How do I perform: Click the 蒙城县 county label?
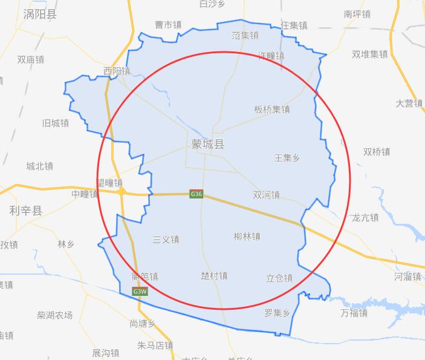pos(207,145)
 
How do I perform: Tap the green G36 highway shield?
pos(196,194)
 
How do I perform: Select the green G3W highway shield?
pos(140,292)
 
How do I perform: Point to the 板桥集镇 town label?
pos(272,110)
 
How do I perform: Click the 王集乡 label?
pos(287,158)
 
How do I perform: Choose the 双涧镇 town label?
pos(266,195)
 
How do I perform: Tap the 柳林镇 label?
pos(247,237)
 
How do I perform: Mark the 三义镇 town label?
pos(166,240)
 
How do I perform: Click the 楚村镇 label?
pos(214,276)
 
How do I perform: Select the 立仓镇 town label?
pos(279,278)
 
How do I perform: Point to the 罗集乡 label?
pos(277,313)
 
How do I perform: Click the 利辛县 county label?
pos(26,211)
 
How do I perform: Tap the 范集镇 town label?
pos(245,35)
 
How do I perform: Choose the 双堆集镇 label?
pos(369,54)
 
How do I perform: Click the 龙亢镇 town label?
pos(365,218)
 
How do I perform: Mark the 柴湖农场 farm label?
pos(54,315)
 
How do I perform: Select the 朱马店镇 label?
pos(155,346)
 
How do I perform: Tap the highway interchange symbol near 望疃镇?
pos(122,191)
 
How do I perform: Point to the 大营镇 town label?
pos(409,103)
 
